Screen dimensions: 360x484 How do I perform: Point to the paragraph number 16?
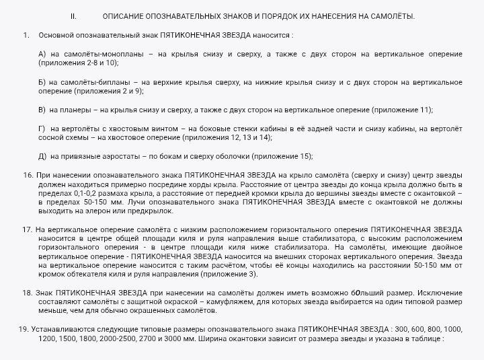click(28, 175)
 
